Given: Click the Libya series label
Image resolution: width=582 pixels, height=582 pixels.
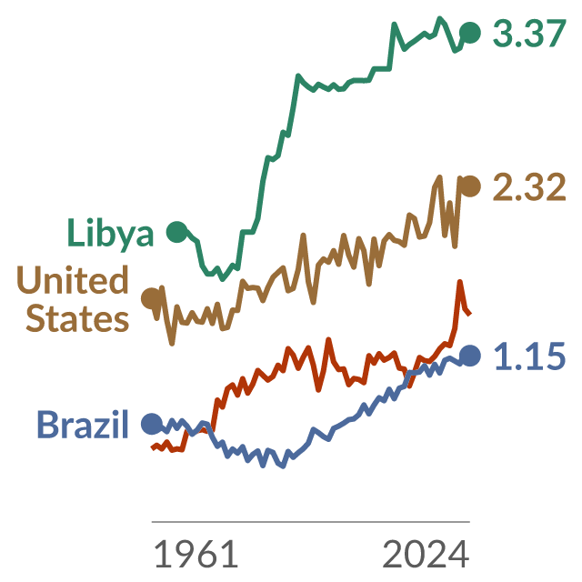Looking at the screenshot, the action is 110,233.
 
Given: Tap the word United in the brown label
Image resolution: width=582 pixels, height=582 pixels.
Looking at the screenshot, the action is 73,279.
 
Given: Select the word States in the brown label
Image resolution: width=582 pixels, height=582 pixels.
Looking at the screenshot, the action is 77,318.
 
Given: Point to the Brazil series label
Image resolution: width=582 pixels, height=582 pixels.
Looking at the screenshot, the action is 83,424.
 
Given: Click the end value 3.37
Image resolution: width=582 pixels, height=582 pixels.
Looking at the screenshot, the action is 529,34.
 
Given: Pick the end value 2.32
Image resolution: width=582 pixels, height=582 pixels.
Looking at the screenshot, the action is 529,186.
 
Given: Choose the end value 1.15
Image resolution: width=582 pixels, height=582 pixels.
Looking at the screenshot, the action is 529,356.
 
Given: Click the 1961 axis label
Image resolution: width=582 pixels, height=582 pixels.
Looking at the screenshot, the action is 196,554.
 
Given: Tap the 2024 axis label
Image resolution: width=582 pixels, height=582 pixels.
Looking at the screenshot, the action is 426,554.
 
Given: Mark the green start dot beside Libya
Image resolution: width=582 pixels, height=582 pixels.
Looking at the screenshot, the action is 177,232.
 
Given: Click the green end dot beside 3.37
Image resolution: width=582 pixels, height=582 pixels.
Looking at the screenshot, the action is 470,33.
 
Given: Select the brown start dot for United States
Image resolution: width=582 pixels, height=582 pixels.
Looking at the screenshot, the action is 152,298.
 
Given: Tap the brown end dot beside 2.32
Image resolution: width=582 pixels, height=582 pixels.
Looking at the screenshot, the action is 470,186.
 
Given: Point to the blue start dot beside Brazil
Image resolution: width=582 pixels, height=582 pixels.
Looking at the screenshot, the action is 152,423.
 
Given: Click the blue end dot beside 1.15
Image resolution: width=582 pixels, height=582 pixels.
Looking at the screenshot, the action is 470,356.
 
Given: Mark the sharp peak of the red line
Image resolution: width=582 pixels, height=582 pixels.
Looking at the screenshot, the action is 460,281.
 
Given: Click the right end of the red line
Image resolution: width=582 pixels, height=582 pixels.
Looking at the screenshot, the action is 470,315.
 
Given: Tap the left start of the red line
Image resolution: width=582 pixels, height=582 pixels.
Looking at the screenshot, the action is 152,448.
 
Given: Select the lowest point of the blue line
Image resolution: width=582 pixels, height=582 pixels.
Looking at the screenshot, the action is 284,467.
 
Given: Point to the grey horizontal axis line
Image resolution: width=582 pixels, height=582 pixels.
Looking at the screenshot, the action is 311,521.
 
